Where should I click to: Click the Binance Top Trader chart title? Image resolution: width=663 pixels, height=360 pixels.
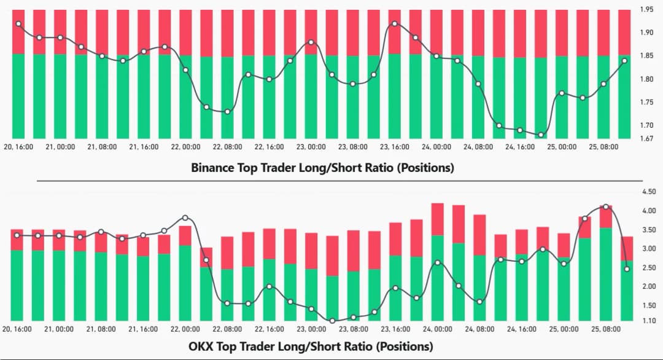(x=322, y=167)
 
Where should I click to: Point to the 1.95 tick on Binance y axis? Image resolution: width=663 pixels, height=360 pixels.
(x=647, y=10)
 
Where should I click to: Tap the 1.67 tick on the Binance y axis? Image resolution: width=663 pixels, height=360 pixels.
(x=647, y=138)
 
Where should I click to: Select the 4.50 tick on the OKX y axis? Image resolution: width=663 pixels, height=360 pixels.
(x=648, y=192)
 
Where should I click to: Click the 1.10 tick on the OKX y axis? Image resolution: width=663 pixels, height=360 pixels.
(x=648, y=321)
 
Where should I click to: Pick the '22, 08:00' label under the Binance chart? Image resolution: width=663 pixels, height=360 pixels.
(x=228, y=147)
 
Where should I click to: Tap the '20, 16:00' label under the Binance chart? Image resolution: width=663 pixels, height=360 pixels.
(x=18, y=147)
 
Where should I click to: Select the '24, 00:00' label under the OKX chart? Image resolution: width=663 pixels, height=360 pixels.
(x=437, y=330)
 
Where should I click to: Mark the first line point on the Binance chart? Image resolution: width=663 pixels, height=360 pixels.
(x=18, y=24)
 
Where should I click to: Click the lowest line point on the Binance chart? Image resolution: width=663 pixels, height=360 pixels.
(x=541, y=135)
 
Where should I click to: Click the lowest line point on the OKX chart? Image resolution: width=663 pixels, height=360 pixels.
(x=332, y=321)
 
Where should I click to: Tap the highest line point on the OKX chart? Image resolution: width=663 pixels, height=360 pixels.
(x=606, y=207)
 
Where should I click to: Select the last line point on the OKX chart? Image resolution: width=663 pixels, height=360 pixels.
(x=627, y=269)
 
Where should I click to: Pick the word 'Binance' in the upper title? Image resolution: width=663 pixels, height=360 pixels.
(x=212, y=167)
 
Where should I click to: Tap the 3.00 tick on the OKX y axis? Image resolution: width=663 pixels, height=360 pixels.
(x=648, y=249)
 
